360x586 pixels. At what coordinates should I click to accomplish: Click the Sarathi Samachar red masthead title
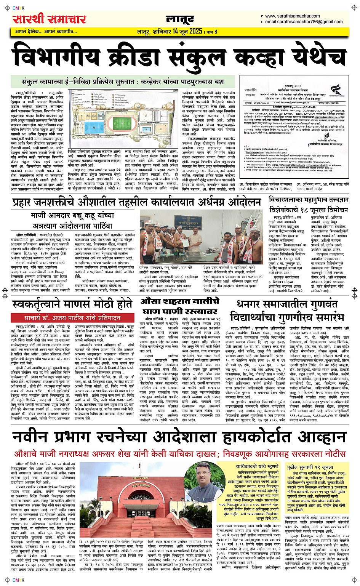point(50,19)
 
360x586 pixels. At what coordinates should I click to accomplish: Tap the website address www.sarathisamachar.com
point(292,16)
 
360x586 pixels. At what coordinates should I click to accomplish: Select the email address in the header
point(304,22)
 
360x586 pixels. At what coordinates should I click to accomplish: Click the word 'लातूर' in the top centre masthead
point(180,19)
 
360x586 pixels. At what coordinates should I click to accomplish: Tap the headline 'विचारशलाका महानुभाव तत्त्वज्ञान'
point(309,200)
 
